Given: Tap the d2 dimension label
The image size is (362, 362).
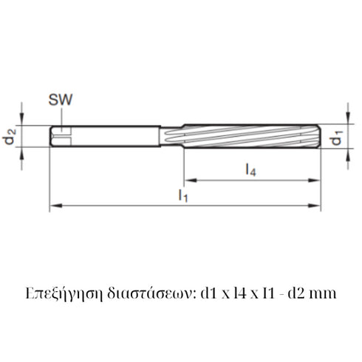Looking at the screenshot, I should click(x=10, y=137).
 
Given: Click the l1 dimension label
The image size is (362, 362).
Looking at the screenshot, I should click(x=183, y=195).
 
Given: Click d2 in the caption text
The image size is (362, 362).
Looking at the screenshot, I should click(x=295, y=293).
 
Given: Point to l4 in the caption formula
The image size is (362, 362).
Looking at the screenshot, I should click(x=236, y=293).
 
